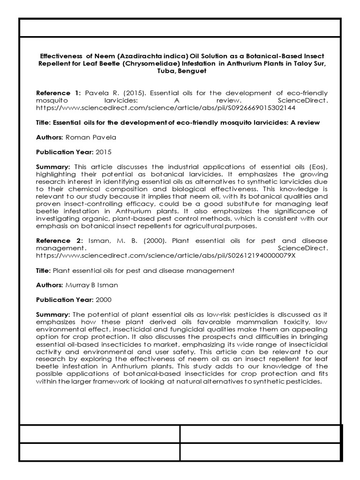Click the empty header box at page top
180,28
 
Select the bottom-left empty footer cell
99,452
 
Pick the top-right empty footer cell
261,434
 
